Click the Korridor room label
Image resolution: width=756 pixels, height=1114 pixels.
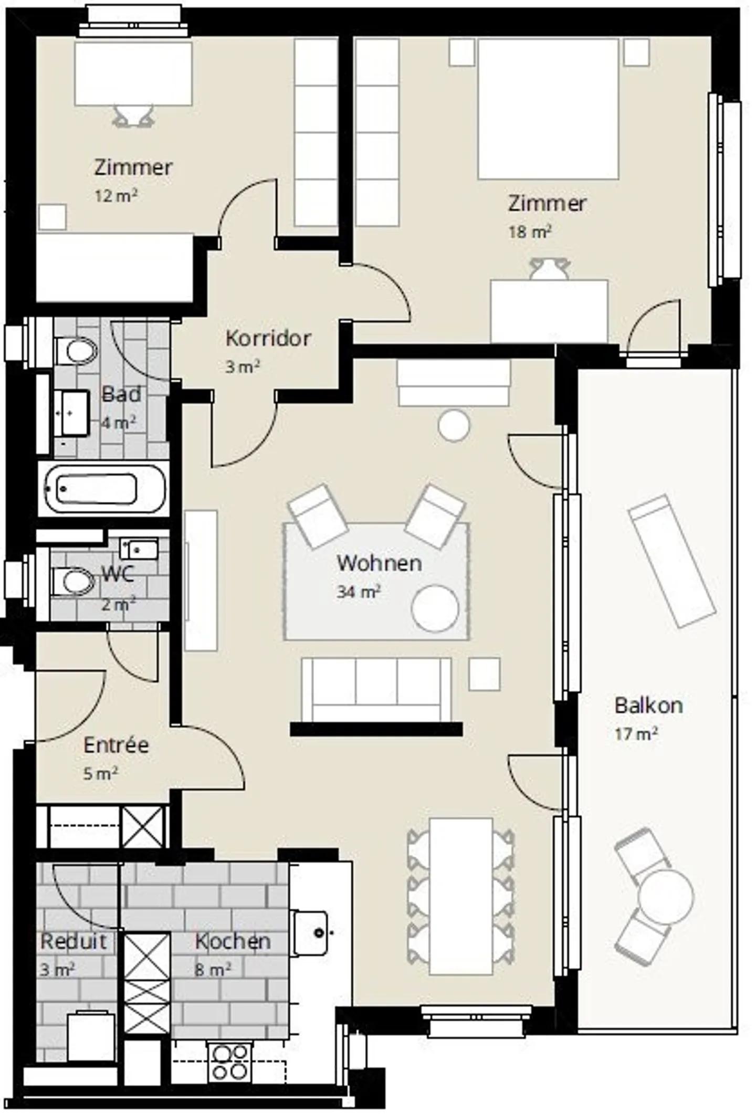click(268, 338)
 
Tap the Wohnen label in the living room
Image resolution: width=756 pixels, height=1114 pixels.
click(379, 563)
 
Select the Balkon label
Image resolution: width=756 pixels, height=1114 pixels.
click(648, 705)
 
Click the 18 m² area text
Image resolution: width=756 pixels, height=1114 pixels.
click(530, 232)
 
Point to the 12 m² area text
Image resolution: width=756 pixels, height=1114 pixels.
click(116, 196)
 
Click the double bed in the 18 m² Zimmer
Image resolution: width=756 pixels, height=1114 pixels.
click(548, 109)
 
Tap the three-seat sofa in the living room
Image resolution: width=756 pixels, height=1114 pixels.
click(376, 689)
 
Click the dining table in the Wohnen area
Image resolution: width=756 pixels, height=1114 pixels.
click(461, 896)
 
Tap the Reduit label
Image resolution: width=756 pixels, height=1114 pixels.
click(73, 941)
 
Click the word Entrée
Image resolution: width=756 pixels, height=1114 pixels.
click(116, 745)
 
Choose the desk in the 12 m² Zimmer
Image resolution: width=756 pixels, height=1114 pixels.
click(133, 73)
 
